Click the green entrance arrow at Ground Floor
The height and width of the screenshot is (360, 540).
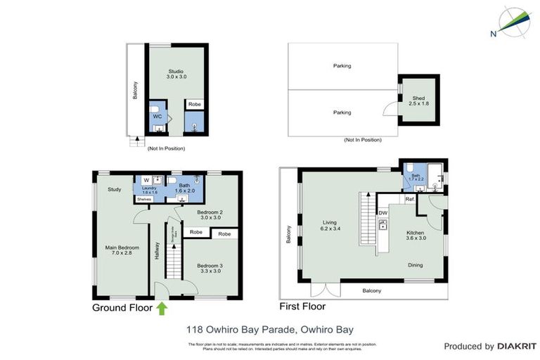(x=162, y=307)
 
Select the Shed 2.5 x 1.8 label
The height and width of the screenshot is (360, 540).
(x=418, y=100)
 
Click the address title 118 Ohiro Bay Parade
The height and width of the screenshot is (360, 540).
(x=269, y=328)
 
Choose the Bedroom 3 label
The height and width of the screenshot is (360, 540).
(x=211, y=269)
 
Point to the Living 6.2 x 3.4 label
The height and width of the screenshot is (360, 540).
(x=330, y=224)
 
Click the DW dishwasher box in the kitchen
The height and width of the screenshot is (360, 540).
(x=383, y=212)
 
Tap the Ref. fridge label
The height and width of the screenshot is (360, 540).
(x=409, y=199)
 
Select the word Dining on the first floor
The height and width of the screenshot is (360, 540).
(x=416, y=264)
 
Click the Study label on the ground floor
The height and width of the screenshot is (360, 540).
(x=115, y=188)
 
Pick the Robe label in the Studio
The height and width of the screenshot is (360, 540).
(x=194, y=104)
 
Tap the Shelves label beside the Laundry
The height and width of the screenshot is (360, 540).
(x=144, y=199)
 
